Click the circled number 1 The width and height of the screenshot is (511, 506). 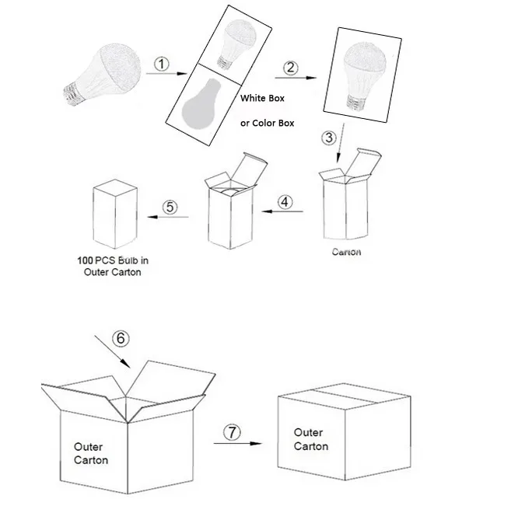point(160,65)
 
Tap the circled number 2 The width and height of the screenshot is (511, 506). point(290,67)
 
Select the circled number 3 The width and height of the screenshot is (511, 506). point(329,138)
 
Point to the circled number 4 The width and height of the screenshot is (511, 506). point(285,201)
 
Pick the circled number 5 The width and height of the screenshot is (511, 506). point(171,207)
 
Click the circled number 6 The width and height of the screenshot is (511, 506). point(119,338)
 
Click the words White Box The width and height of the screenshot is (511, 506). point(262,99)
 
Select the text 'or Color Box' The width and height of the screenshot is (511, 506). point(267,124)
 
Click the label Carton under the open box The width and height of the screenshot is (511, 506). point(346,252)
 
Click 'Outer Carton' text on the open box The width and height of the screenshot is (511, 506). point(91,453)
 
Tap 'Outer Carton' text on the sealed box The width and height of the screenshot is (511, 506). point(310,439)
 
